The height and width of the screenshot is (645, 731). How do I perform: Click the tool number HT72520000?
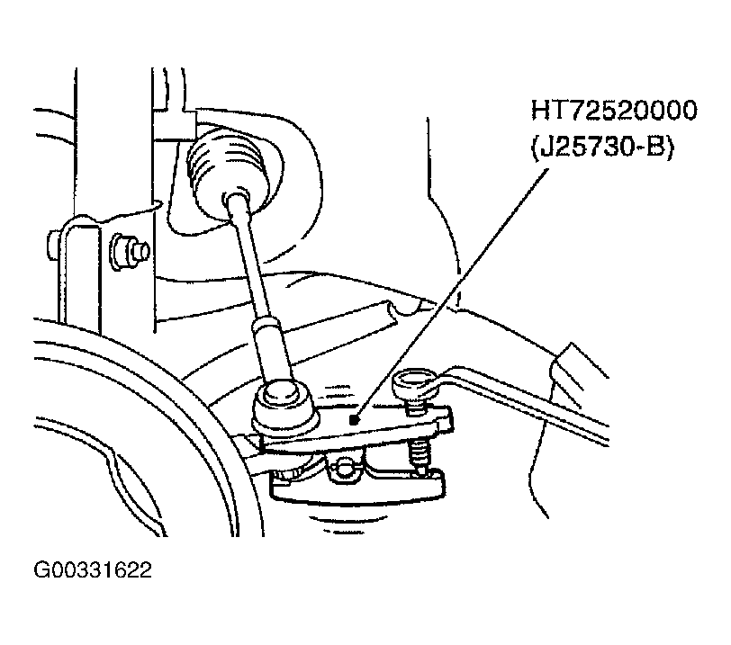click(614, 111)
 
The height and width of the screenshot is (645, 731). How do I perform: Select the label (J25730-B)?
click(602, 148)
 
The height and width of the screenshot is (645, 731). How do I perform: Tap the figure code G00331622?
click(93, 570)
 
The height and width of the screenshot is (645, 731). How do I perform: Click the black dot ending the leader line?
click(355, 420)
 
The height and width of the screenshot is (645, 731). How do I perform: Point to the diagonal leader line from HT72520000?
click(451, 294)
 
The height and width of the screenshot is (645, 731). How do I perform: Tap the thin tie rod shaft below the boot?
click(247, 256)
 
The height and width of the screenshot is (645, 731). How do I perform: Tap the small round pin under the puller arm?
click(344, 468)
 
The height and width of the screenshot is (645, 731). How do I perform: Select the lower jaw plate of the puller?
click(356, 489)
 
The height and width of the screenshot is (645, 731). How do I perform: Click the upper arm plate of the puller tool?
click(355, 426)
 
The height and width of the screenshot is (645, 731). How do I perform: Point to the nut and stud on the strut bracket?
click(130, 252)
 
